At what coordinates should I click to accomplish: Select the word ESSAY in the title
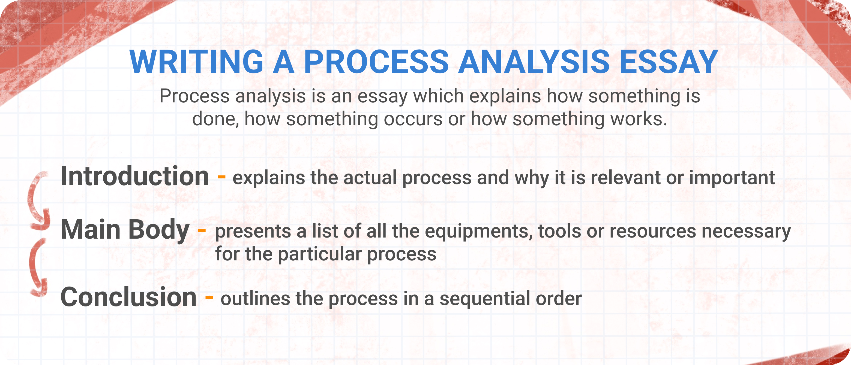669,62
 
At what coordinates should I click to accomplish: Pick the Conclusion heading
128,297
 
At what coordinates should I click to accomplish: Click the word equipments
479,232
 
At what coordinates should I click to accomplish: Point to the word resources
653,232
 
